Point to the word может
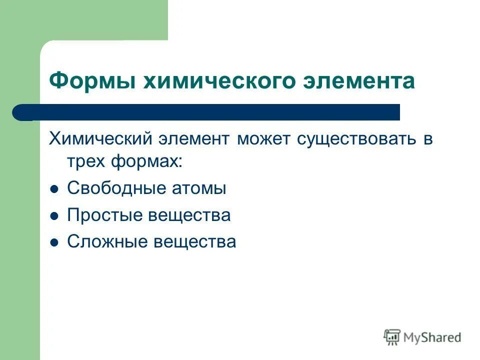click(263, 138)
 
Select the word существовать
click(357, 138)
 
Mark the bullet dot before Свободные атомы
click(55, 189)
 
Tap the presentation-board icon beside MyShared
click(392, 337)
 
